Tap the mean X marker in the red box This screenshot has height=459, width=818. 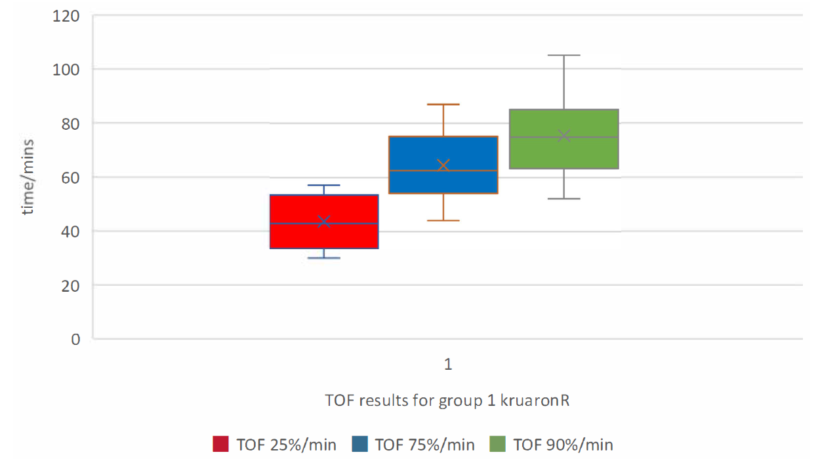click(x=323, y=222)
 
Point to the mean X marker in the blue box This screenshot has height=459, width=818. click(x=443, y=165)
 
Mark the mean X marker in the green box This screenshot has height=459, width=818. click(x=563, y=136)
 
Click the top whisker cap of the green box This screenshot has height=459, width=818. click(x=563, y=56)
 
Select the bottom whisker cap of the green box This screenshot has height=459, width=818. click(x=563, y=198)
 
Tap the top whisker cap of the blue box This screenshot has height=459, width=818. click(x=443, y=104)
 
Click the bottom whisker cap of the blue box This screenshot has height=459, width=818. click(x=443, y=220)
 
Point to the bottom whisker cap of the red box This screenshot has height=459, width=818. click(x=323, y=258)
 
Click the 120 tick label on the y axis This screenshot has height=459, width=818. click(x=66, y=15)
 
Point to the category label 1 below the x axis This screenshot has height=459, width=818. click(x=448, y=365)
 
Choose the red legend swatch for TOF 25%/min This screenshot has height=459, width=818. click(x=220, y=444)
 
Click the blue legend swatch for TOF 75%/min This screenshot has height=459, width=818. click(x=360, y=444)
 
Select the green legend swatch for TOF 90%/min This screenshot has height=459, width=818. click(x=498, y=444)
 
